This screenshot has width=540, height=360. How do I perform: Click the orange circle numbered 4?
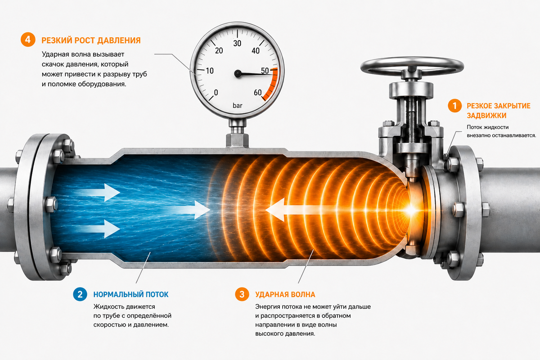[28, 40]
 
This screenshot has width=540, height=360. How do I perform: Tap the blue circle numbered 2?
[80, 294]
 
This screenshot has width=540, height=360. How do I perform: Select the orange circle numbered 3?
[242, 294]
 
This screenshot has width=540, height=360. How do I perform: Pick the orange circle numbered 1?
[455, 106]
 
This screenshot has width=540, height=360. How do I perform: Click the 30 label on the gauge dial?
[237, 43]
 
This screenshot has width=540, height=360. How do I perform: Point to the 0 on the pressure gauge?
[216, 93]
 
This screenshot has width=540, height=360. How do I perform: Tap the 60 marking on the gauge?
[258, 93]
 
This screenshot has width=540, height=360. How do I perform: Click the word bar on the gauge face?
[238, 106]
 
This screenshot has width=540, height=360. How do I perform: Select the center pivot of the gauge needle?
[238, 73]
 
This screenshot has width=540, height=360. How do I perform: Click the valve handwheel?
[412, 66]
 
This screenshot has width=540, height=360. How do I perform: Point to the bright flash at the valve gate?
[410, 210]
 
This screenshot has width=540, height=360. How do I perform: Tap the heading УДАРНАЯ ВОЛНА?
[285, 294]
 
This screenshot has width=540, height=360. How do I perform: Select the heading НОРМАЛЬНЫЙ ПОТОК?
[131, 294]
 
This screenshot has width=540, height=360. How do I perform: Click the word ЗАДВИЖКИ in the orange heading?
[486, 116]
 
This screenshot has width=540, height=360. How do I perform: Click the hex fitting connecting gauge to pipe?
[237, 140]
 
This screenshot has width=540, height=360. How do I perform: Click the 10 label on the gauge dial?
[210, 71]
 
